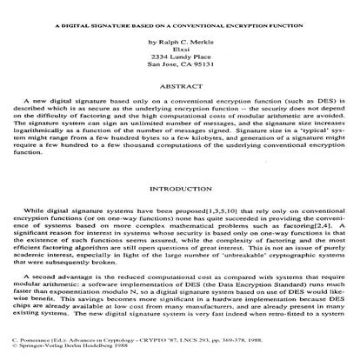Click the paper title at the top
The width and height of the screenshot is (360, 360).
tap(179, 25)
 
